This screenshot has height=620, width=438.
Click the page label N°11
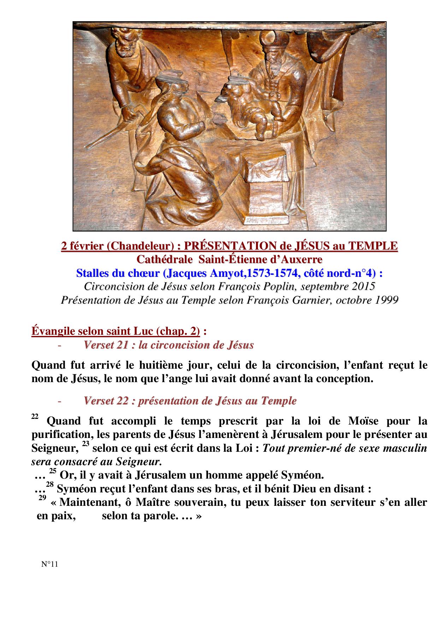[49, 564]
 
